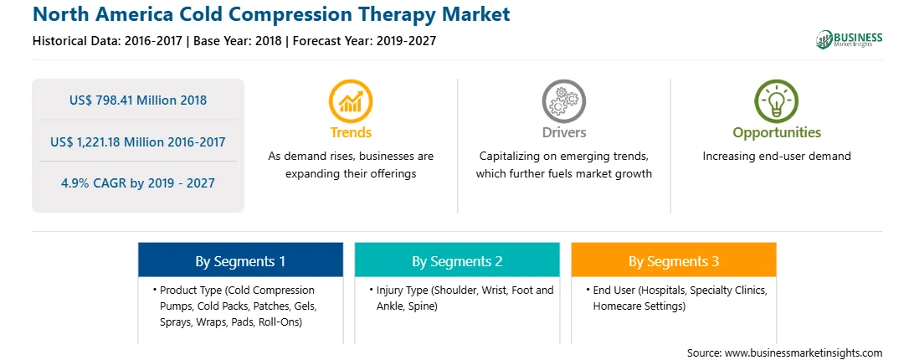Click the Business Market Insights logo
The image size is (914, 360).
pyautogui.click(x=850, y=39)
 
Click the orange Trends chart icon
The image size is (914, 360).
pyautogui.click(x=351, y=101)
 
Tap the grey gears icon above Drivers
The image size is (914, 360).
pyautogui.click(x=563, y=101)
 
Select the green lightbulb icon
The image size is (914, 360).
pyautogui.click(x=777, y=101)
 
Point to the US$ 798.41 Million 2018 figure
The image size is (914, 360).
pyautogui.click(x=138, y=100)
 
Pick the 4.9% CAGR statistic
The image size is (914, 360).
pyautogui.click(x=138, y=183)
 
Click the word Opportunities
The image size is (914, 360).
pyautogui.click(x=777, y=132)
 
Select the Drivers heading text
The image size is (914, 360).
pyautogui.click(x=564, y=132)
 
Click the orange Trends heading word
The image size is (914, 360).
pyautogui.click(x=351, y=132)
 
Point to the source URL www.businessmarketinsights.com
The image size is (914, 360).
pyautogui.click(x=804, y=353)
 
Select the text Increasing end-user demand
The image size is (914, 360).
pyautogui.click(x=777, y=156)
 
